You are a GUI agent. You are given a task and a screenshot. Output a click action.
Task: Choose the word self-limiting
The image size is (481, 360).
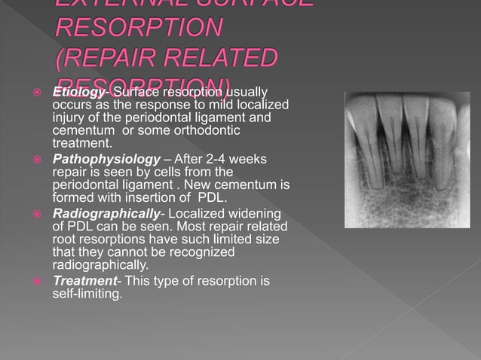click(x=87, y=294)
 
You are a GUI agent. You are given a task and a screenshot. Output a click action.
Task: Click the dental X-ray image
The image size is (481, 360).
click(x=406, y=160)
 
